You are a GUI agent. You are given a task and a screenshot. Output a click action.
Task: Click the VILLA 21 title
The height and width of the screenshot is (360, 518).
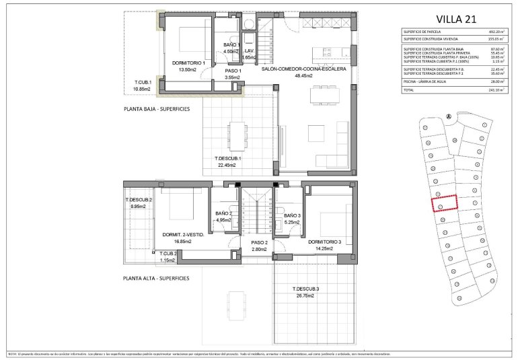(x=455, y=18)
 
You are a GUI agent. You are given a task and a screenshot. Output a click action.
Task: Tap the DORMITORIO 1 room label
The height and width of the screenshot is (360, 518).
(x=188, y=62)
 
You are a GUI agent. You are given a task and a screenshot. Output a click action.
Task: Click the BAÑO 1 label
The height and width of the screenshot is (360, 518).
(x=231, y=45)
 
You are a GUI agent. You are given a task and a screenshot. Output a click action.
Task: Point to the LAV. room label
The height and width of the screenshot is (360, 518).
(x=248, y=51)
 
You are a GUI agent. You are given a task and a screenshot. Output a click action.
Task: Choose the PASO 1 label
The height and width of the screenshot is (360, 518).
(x=233, y=71)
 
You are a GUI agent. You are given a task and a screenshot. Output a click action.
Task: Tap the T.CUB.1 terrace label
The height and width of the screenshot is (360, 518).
(x=143, y=82)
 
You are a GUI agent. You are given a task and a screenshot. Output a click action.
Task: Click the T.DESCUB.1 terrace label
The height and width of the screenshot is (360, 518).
(x=227, y=159)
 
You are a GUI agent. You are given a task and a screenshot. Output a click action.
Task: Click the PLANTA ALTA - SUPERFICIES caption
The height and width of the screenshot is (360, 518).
(x=156, y=278)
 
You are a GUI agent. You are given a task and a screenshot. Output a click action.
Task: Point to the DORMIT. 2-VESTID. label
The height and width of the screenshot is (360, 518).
(x=184, y=235)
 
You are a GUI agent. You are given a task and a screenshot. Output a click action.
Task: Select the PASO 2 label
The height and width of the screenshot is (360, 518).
(x=259, y=242)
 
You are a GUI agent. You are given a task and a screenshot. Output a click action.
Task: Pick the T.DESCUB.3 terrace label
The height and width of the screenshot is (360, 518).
(x=305, y=289)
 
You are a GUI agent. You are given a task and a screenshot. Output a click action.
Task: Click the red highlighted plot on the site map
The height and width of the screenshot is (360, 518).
(x=444, y=203)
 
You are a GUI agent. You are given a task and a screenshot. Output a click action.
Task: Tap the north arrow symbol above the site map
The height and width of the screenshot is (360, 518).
(x=447, y=115)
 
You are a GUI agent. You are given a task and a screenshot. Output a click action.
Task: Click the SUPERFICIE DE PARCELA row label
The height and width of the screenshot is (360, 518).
(x=422, y=32)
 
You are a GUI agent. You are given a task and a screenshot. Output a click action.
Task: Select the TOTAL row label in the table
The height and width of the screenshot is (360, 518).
(x=408, y=89)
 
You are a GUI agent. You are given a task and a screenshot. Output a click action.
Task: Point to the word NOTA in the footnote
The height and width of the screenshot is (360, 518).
(x=13, y=353)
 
